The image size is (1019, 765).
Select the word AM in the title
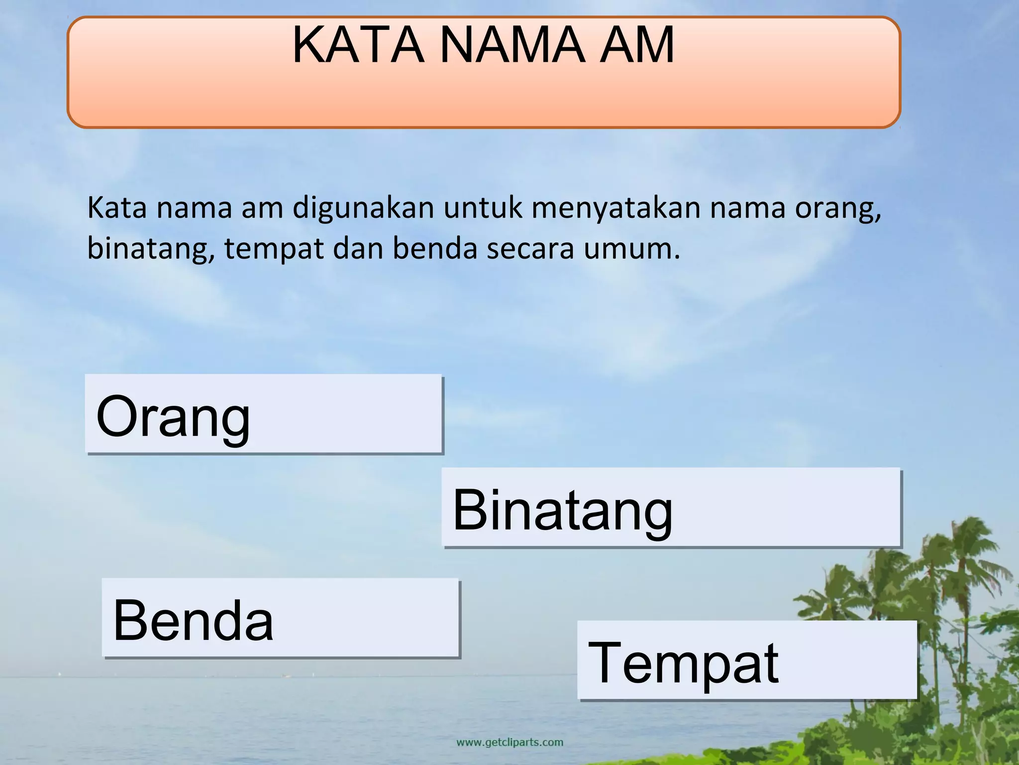(x=637, y=46)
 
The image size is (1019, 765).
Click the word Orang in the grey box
(x=173, y=416)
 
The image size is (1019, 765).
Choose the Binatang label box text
(x=562, y=510)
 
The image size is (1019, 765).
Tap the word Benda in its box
(x=193, y=621)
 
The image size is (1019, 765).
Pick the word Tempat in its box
(x=683, y=663)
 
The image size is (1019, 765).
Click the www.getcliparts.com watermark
(x=509, y=743)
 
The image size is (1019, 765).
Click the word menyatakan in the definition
(x=616, y=208)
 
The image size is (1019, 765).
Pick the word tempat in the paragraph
(x=274, y=249)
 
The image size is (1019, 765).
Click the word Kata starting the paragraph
(x=117, y=208)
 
